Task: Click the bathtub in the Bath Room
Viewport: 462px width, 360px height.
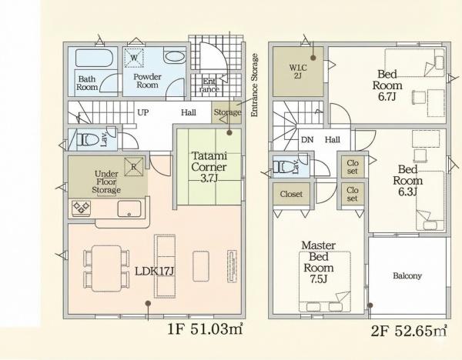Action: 94,58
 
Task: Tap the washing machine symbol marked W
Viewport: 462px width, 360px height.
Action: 134,58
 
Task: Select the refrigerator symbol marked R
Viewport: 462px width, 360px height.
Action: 133,167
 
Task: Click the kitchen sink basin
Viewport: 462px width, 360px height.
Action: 129,208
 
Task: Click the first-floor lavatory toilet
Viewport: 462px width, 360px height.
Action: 88,138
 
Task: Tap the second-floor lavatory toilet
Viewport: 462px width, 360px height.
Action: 283,167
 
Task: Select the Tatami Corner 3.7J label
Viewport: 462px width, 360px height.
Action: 209,167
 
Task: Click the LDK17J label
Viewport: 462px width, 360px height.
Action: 155,271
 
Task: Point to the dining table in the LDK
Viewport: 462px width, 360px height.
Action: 106,268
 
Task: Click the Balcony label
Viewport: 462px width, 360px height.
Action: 407,276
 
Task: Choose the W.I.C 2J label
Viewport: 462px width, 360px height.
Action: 298,72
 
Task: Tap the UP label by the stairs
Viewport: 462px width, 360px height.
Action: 143,112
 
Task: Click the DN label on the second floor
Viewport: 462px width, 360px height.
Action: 307,139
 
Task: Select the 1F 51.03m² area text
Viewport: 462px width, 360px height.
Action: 206,328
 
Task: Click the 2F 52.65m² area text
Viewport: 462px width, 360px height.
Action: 409,331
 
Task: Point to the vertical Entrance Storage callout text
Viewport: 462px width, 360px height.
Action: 254,85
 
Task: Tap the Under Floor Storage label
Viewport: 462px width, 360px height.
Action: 106,182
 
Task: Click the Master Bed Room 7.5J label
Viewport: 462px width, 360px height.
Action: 319,262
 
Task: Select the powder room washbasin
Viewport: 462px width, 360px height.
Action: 175,57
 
